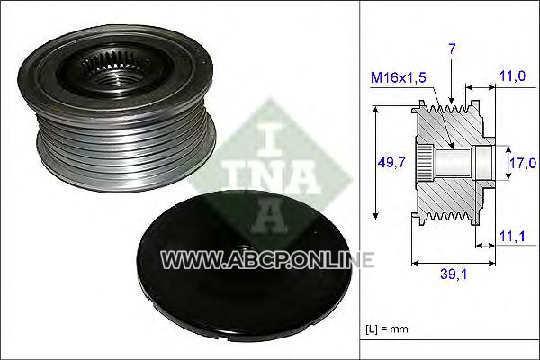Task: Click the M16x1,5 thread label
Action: pos(398,77)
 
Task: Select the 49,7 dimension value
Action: pos(391,162)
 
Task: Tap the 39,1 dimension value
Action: pos(454,274)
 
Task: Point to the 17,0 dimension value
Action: pos(523,163)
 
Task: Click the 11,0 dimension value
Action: pos(512,76)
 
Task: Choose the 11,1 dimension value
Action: pos(512,237)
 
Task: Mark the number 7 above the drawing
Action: pos(452,49)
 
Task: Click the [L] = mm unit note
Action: pos(387,328)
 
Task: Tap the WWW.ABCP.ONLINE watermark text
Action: pos(267,260)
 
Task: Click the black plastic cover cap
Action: pos(244,265)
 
